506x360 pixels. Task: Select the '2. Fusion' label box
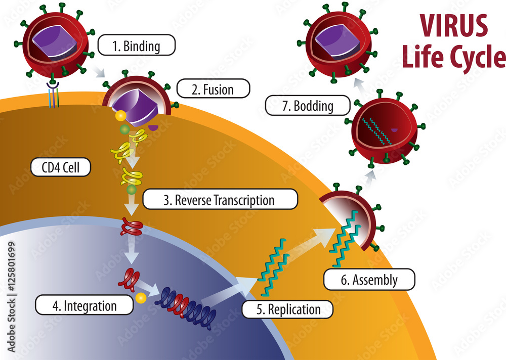pyautogui.click(x=213, y=90)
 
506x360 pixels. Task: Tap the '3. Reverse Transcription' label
pyautogui.click(x=220, y=200)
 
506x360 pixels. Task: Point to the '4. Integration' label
pyautogui.click(x=84, y=305)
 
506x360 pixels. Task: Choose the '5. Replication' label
pyautogui.click(x=287, y=309)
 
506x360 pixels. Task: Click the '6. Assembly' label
pyautogui.click(x=369, y=280)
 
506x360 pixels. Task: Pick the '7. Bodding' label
pyautogui.click(x=308, y=106)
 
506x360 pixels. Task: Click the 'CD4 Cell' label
pyautogui.click(x=61, y=167)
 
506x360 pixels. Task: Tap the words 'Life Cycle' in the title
pyautogui.click(x=453, y=58)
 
